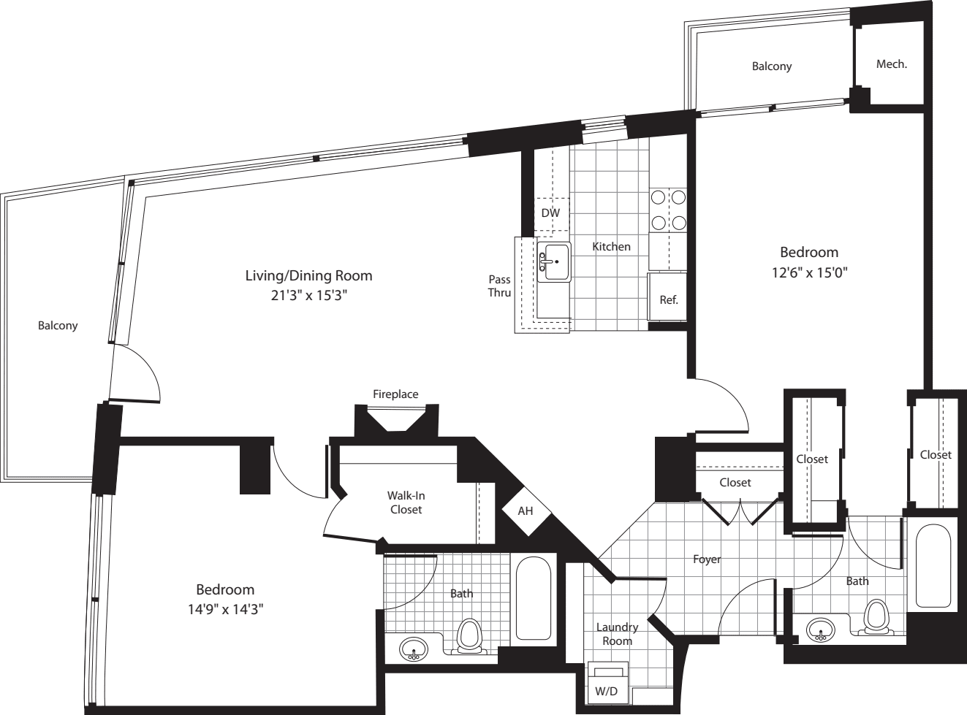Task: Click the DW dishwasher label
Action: pyautogui.click(x=550, y=213)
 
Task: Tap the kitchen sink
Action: pyautogui.click(x=555, y=261)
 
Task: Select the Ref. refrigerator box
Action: pyautogui.click(x=667, y=297)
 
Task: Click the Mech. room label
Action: pyautogui.click(x=891, y=64)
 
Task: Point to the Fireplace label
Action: pyautogui.click(x=395, y=394)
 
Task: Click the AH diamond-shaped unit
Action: pyautogui.click(x=526, y=511)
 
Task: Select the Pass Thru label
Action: pyautogui.click(x=500, y=286)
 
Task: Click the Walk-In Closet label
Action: pyautogui.click(x=406, y=502)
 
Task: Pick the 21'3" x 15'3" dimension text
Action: pyautogui.click(x=308, y=296)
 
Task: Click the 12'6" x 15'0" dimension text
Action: pyautogui.click(x=808, y=272)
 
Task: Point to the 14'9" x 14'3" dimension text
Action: pyautogui.click(x=224, y=609)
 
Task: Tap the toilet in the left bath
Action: pyautogui.click(x=469, y=635)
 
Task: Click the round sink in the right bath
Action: pyautogui.click(x=822, y=630)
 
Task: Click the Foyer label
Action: pyautogui.click(x=707, y=559)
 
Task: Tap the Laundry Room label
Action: pyautogui.click(x=617, y=634)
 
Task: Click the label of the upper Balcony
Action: pyautogui.click(x=772, y=66)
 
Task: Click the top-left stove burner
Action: pyautogui.click(x=658, y=196)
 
